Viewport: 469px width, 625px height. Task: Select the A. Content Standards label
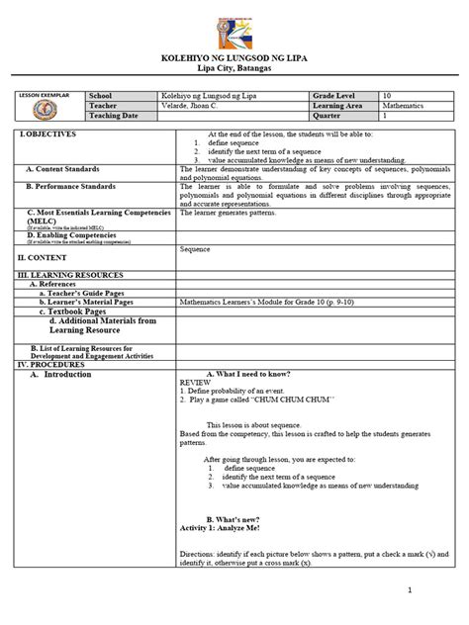coord(74,169)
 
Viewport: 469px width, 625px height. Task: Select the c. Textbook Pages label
coord(72,311)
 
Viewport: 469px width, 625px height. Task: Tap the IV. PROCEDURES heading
coord(54,364)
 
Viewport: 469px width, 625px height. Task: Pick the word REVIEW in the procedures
coord(195,381)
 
